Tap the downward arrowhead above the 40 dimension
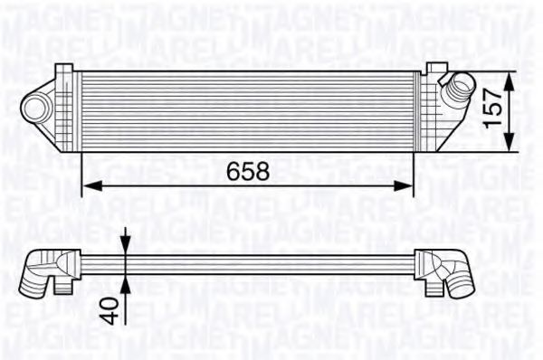125,246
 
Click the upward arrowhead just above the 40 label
125,280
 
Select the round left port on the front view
37,108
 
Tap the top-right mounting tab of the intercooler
435,69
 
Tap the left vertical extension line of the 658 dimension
82,172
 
